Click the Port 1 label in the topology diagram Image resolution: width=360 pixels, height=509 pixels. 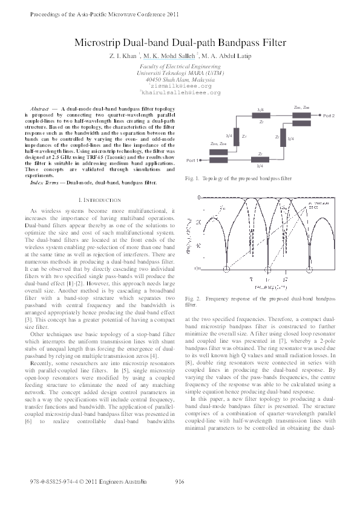pos(193,160)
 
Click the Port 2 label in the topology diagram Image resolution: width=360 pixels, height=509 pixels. pos(329,115)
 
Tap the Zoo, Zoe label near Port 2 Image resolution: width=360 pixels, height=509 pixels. pos(302,107)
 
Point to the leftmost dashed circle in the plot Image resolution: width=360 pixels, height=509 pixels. pos(226,284)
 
